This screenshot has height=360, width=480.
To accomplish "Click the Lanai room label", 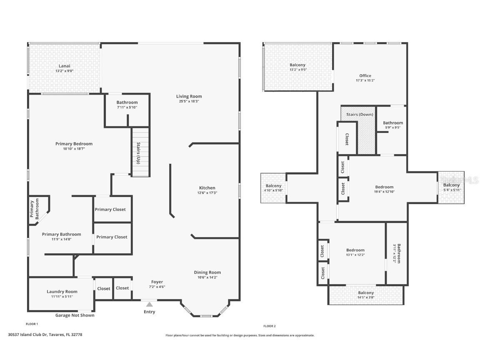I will [64, 66].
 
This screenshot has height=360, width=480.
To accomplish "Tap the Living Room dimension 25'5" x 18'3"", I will [189, 101].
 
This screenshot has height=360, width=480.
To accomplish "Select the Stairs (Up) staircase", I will [140, 152].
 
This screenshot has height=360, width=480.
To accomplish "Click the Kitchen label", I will [207, 188].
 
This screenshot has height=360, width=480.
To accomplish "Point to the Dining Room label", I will [207, 272].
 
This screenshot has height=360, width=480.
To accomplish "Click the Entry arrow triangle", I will [149, 305].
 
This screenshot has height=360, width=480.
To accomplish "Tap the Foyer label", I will [157, 282].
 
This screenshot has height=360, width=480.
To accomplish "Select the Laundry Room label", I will [62, 292].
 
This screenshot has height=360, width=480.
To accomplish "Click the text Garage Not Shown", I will [75, 315].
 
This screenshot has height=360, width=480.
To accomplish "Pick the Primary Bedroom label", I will [74, 144].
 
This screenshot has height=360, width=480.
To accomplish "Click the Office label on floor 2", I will [365, 76].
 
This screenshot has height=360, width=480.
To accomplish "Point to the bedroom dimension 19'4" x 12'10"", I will [384, 192].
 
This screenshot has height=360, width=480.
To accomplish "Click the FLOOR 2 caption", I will [269, 326].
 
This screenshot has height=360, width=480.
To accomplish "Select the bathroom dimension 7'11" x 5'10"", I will [127, 107].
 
